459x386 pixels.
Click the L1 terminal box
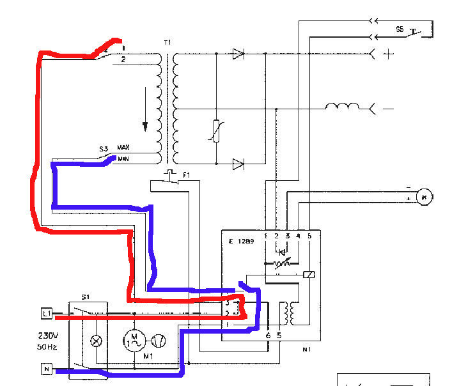46,313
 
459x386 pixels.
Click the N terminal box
46,369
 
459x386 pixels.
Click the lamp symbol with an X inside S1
97,341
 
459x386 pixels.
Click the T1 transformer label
167,42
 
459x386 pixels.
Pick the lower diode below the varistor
238,164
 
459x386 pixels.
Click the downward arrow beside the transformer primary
146,115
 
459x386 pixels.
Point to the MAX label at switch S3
123,148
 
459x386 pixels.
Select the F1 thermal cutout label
186,174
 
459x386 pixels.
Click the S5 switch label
400,29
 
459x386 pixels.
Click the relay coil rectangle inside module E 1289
309,275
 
